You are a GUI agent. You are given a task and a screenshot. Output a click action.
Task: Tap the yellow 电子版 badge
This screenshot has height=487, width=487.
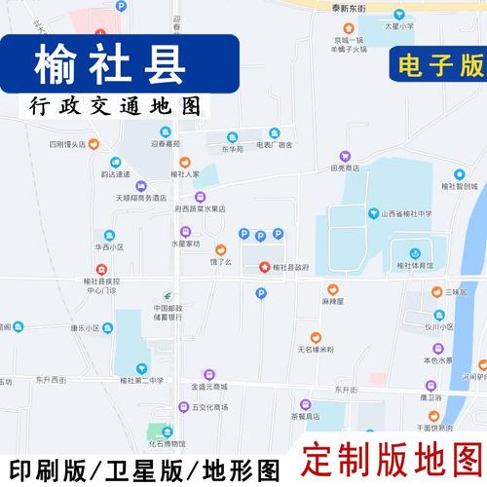(438, 64)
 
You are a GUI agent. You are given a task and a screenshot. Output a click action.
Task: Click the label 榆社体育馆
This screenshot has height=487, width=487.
(414, 265)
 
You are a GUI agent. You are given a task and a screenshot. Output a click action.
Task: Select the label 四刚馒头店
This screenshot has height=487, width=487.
(66, 144)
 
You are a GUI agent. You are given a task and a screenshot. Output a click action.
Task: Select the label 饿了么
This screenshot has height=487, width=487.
(221, 261)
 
